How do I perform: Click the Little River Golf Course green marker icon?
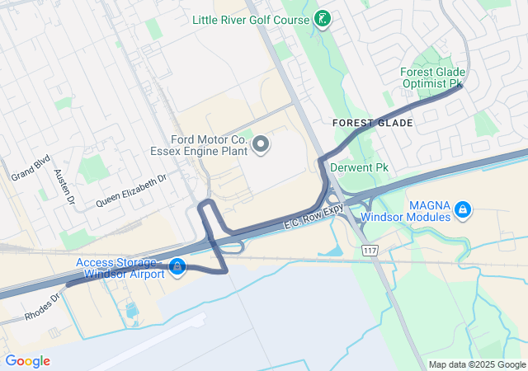[323, 19]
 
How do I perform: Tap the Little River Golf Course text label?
[252, 19]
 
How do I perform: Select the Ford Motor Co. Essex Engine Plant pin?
[262, 146]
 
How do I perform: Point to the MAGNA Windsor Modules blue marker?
[463, 210]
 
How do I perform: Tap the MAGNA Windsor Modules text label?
[431, 211]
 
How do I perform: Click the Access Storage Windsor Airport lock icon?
[177, 267]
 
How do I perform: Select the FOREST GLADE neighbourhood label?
[373, 122]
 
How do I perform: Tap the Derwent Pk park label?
[359, 167]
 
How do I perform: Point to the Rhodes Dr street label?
[43, 304]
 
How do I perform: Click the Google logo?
[28, 360]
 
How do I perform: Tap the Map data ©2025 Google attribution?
[476, 364]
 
